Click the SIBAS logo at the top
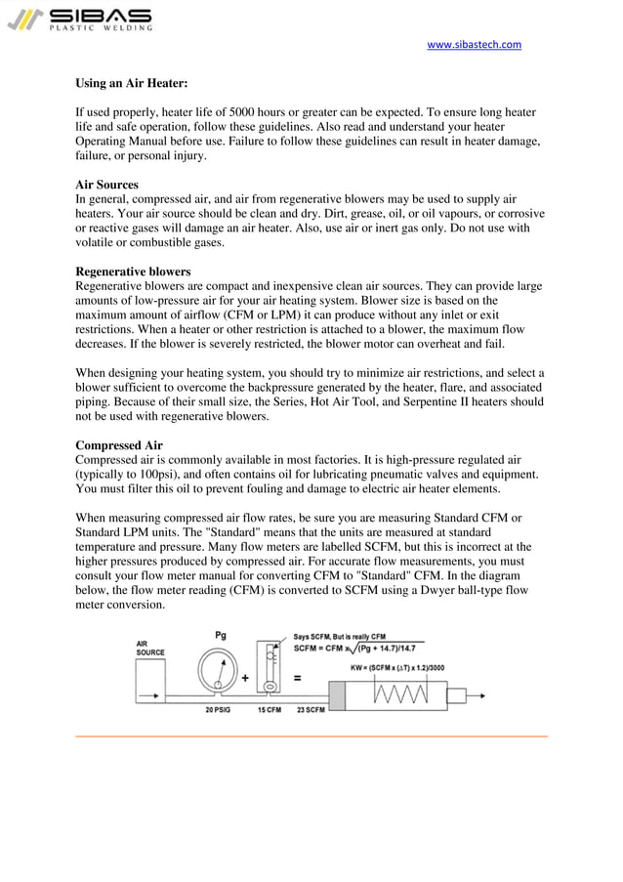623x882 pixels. (x=79, y=20)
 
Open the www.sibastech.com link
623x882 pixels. (x=475, y=45)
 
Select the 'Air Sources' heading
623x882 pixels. (x=106, y=185)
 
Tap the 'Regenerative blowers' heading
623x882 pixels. (x=133, y=272)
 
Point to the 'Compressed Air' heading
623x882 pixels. (x=119, y=445)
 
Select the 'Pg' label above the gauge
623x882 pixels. (x=222, y=636)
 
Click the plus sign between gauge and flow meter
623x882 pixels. (x=244, y=676)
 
